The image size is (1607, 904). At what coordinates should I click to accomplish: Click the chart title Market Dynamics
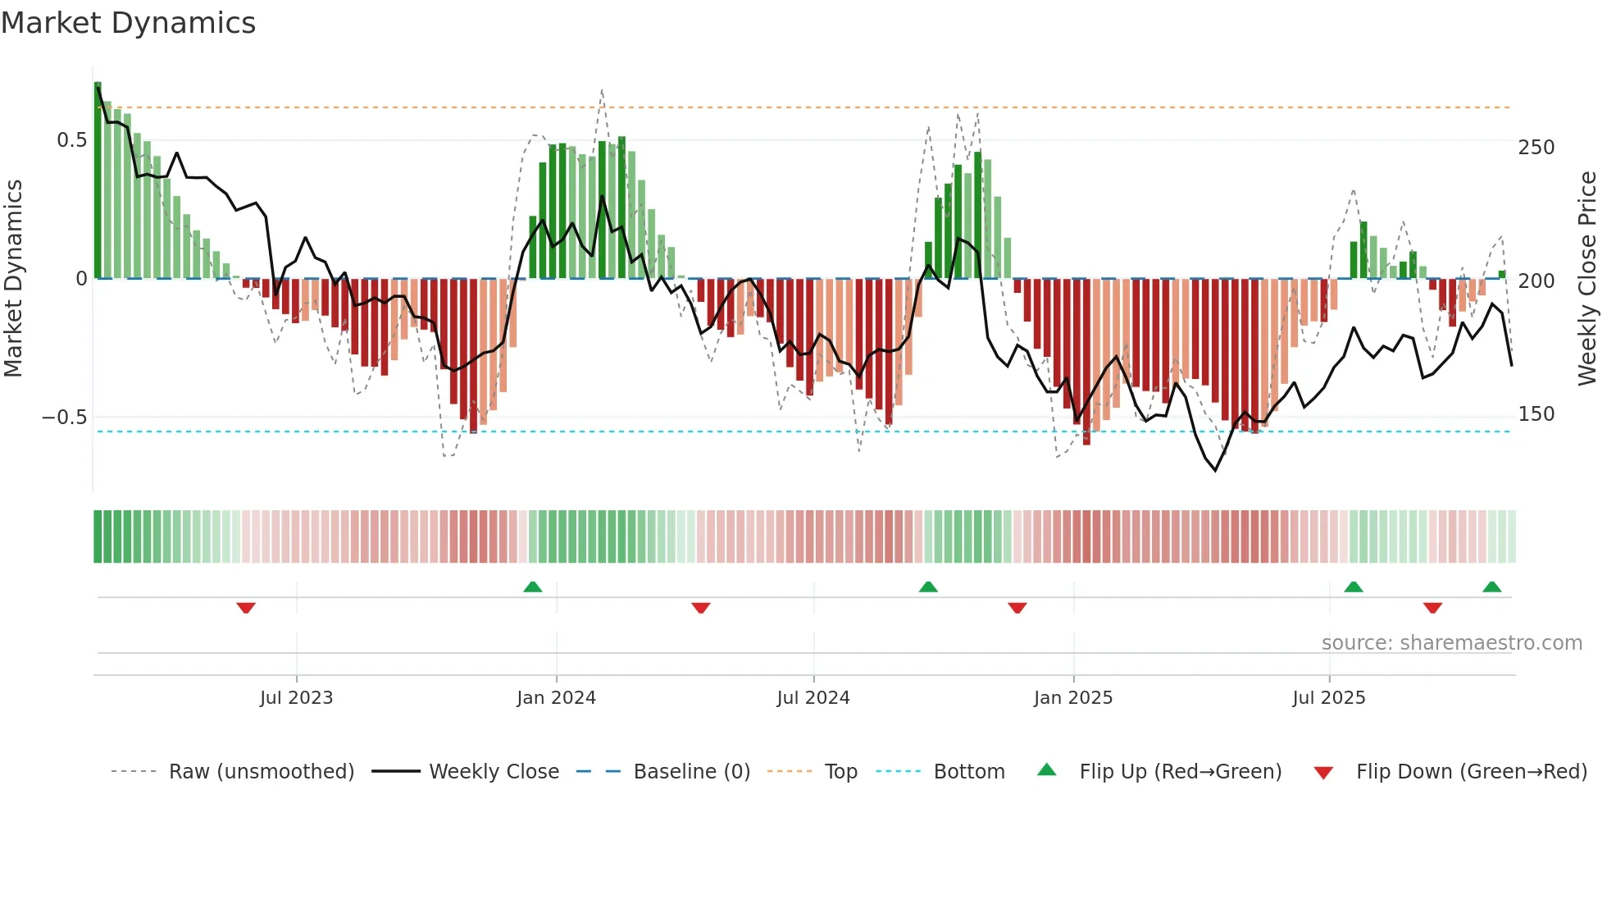tap(129, 23)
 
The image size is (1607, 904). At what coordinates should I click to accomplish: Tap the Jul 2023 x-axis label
tap(296, 698)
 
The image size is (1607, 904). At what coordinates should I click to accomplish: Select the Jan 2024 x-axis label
tap(556, 698)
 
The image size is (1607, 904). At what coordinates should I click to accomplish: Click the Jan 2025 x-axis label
tap(1072, 698)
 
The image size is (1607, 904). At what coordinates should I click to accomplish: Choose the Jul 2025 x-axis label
tap(1328, 698)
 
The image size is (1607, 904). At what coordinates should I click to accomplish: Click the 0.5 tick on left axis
tap(71, 140)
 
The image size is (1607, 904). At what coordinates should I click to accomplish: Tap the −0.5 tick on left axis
tap(64, 418)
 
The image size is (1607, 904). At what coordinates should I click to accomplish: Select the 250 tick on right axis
tap(1536, 148)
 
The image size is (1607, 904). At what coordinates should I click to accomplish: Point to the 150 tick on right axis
tap(1536, 414)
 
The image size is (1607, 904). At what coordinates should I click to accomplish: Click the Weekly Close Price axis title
tap(1587, 279)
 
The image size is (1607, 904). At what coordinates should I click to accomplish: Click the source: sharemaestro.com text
tap(1451, 643)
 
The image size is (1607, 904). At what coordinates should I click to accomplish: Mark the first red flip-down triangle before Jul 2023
tap(246, 608)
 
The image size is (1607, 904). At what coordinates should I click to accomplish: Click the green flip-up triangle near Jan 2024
tap(533, 587)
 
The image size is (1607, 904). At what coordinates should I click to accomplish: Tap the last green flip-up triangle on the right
tap(1491, 587)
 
